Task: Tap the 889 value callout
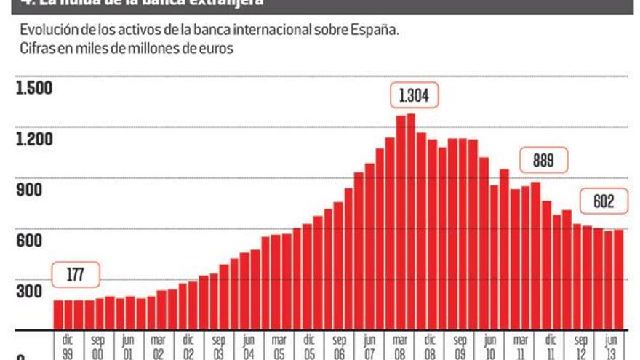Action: [543, 161]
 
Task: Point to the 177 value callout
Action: [76, 274]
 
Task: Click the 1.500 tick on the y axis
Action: [34, 88]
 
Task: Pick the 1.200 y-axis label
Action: [34, 139]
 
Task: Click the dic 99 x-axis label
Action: [68, 345]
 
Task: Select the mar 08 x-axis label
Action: [400, 345]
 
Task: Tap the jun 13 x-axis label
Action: [611, 345]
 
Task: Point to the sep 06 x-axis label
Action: [340, 345]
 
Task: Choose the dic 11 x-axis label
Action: [551, 345]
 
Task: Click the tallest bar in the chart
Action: [411, 218]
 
